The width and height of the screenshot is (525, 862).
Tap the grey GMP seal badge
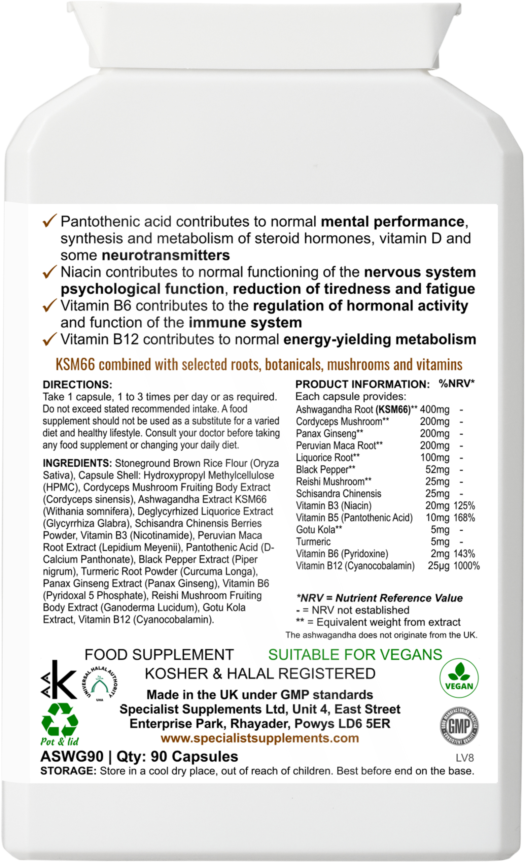coord(459,728)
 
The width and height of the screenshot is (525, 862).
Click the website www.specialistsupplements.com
coord(260,738)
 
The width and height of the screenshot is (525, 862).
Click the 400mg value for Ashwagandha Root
coord(434,409)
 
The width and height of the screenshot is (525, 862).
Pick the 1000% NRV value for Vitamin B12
coord(466,566)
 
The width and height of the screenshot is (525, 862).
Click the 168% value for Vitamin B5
coord(464,518)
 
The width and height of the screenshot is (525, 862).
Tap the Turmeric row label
coord(313,542)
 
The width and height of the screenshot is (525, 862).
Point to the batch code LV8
coord(465,758)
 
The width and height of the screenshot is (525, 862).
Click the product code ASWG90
coord(72,756)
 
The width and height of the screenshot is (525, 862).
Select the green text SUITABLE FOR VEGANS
coord(355,655)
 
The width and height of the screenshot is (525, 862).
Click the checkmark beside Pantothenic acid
coord(49,222)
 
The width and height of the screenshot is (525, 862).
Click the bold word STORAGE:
coord(68,771)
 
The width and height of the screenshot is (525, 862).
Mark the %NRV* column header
coord(456,384)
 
